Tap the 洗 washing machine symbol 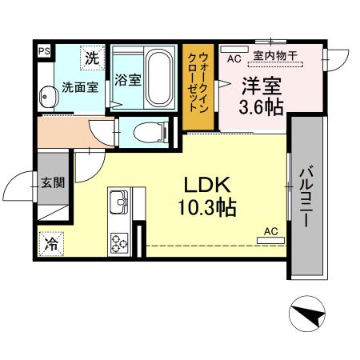[x=93, y=58]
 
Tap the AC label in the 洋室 [x=234, y=58]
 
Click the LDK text [x=206, y=183]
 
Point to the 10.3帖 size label [x=206, y=208]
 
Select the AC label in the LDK [x=270, y=231]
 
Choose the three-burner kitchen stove [x=120, y=240]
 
